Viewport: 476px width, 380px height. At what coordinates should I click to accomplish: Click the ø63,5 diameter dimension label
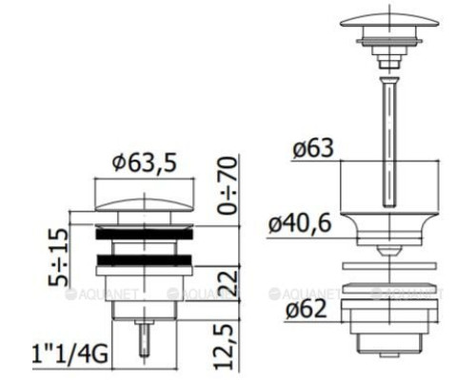click(x=144, y=162)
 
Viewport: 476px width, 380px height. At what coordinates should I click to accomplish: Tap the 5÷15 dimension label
click(x=58, y=256)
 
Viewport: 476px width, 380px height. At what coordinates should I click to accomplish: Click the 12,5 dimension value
click(x=225, y=347)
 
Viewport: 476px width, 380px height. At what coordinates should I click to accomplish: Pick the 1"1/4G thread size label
click(x=69, y=354)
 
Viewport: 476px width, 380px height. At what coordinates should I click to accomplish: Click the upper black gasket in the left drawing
click(x=144, y=234)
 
